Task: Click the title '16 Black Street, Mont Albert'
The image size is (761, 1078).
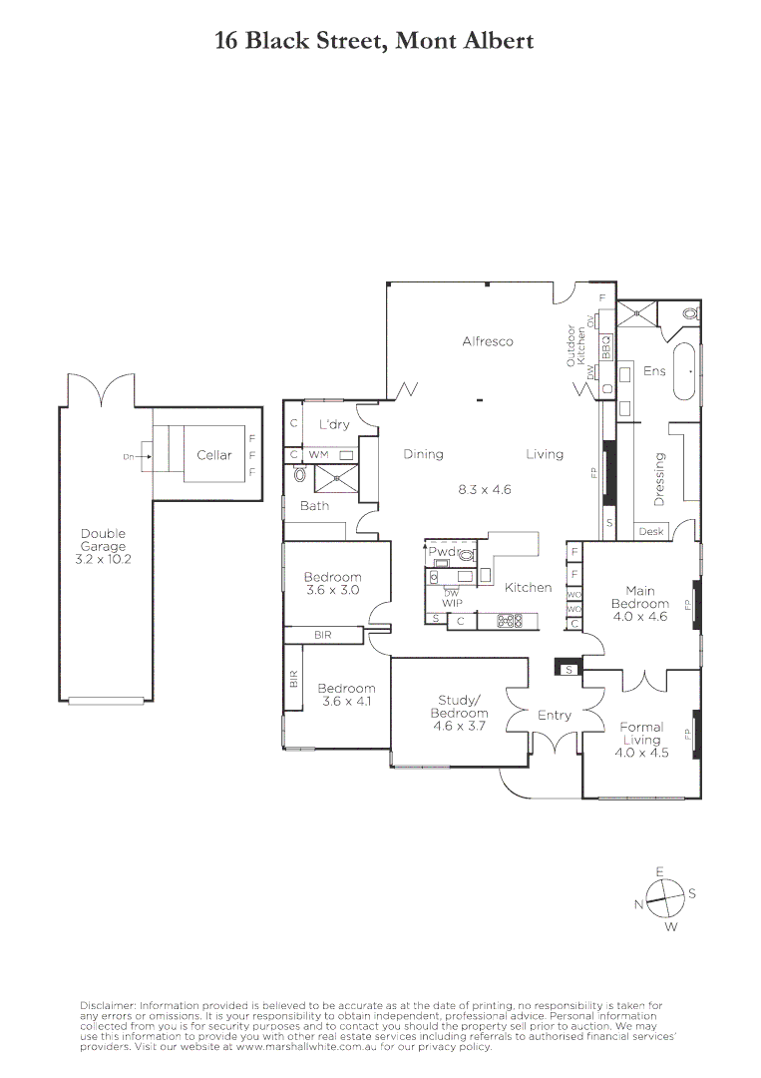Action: [x=374, y=41]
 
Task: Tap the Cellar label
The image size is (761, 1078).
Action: [x=213, y=455]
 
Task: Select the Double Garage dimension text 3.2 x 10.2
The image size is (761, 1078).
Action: [x=104, y=559]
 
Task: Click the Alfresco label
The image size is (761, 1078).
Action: [x=488, y=341]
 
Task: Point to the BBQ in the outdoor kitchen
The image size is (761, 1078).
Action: [x=605, y=346]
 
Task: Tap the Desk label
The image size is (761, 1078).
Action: [x=651, y=532]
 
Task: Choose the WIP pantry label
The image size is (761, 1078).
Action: [x=450, y=603]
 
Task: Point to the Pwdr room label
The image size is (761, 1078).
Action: [x=441, y=551]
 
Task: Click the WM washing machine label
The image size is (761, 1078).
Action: [x=317, y=455]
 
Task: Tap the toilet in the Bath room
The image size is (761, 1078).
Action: [x=300, y=476]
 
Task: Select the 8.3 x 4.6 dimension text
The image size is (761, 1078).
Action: [x=485, y=490]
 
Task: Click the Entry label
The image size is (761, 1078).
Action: [x=555, y=716]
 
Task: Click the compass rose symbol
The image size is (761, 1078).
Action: [x=659, y=898]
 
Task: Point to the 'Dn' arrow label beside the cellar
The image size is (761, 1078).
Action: [x=129, y=457]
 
